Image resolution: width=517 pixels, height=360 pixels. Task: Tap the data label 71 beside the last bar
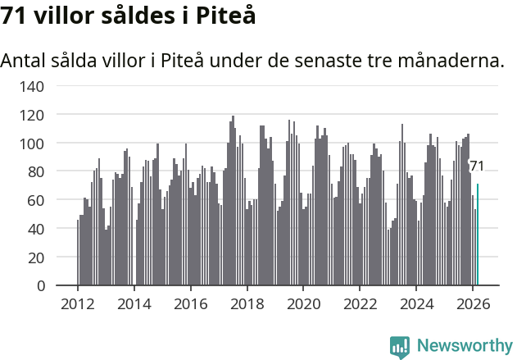476,166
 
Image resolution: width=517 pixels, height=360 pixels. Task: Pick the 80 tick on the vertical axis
38,172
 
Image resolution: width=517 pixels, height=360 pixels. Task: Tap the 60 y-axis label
38,200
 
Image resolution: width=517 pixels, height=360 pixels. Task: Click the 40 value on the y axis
38,229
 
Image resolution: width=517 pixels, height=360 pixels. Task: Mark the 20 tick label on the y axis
38,257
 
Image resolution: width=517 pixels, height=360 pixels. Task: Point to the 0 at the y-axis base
42,286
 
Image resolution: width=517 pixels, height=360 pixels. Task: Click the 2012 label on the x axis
78,303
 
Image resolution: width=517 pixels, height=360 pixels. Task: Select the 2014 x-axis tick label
134,303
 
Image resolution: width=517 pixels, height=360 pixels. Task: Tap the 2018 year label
247,303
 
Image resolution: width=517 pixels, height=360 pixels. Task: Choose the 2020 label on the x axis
303,303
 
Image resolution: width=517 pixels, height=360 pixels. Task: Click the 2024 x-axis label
416,303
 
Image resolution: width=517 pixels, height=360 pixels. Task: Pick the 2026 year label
473,303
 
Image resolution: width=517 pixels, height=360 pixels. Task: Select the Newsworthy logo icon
400,347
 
